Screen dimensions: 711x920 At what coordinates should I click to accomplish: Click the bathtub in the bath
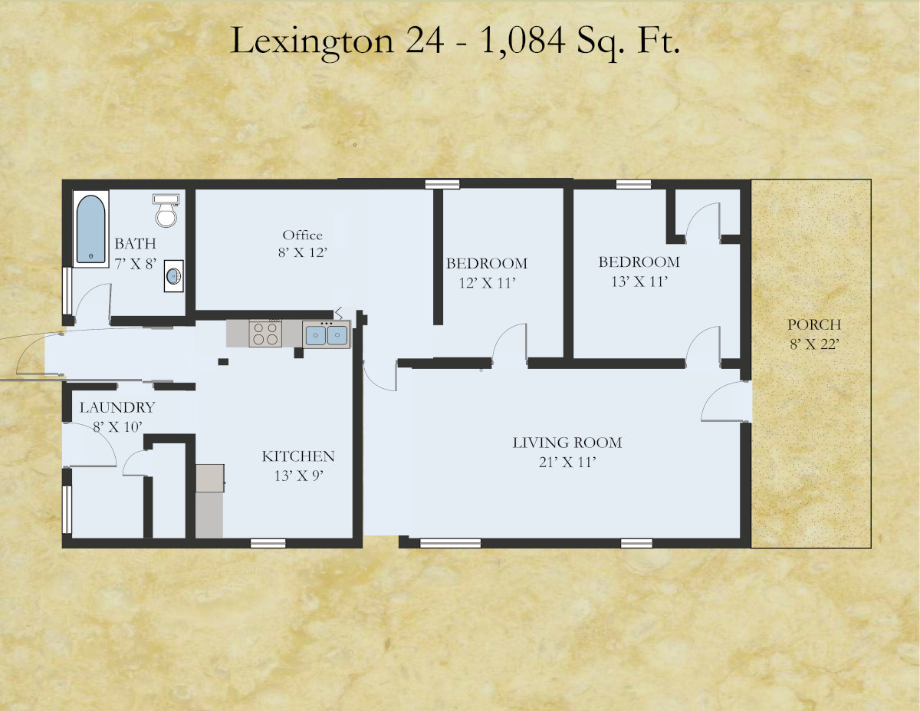click(x=90, y=229)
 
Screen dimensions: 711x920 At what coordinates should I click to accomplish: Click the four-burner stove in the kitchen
click(x=265, y=334)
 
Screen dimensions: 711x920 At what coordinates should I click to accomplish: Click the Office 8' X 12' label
click(x=303, y=243)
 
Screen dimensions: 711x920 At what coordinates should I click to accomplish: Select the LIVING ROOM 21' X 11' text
click(x=567, y=452)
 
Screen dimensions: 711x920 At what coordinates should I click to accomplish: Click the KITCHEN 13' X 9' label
click(x=298, y=465)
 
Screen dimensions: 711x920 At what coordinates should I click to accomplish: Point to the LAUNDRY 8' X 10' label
click(x=117, y=416)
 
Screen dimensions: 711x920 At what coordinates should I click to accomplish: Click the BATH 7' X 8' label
click(x=135, y=252)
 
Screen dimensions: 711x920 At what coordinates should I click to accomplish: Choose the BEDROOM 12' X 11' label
click(x=486, y=272)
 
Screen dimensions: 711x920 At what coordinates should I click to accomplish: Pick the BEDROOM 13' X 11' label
click(x=639, y=271)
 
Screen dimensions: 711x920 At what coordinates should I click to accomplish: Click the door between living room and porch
click(x=724, y=403)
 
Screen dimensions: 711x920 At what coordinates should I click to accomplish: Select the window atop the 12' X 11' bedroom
click(x=442, y=183)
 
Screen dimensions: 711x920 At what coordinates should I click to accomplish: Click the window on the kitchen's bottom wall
click(x=268, y=543)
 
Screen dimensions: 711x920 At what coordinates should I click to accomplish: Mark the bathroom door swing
click(x=94, y=301)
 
